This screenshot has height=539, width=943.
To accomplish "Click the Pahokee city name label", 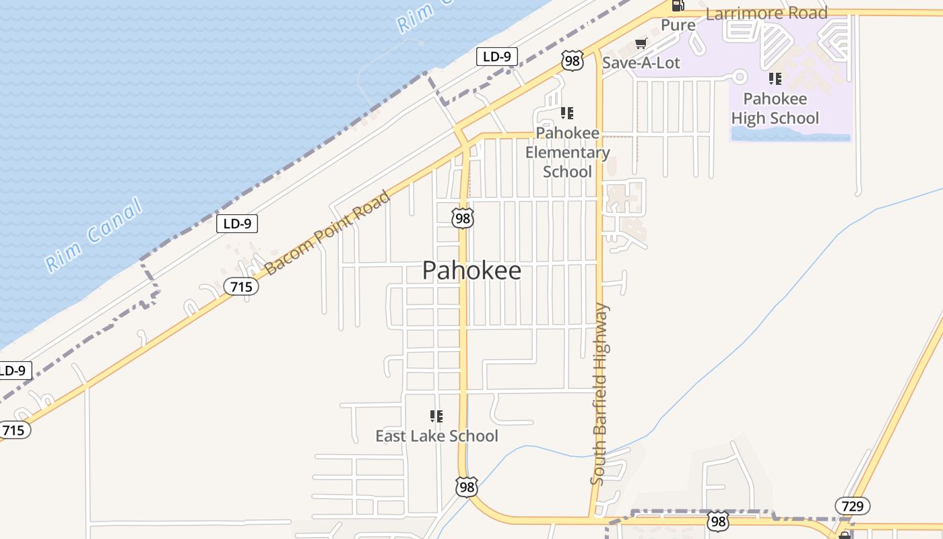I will tap(471, 271).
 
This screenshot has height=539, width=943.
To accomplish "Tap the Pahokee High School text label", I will tap(775, 108).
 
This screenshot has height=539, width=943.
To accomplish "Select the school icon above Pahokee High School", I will tap(775, 79).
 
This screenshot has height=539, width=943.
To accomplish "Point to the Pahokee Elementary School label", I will tap(567, 152).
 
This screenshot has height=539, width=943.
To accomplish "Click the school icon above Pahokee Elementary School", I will tap(567, 113).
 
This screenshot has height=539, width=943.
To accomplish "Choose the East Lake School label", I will tap(436, 436).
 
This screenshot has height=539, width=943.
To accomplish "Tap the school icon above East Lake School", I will tap(436, 416).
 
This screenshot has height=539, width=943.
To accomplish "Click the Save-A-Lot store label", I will tap(641, 63).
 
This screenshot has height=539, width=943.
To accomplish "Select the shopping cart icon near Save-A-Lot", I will tap(641, 44).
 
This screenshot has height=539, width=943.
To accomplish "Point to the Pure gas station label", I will tap(678, 26).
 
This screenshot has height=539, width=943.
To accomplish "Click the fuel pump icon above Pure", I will tap(678, 6).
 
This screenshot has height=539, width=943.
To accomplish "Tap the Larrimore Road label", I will tap(767, 13).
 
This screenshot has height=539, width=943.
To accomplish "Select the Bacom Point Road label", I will tap(327, 233).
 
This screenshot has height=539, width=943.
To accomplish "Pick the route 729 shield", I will tap(852, 506).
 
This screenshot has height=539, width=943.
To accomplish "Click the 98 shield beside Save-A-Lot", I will tap(572, 61).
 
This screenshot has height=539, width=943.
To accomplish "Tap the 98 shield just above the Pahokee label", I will tap(463, 218).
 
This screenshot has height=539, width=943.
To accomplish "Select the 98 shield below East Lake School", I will tap(466, 486).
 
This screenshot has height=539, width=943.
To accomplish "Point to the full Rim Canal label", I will tap(94, 234).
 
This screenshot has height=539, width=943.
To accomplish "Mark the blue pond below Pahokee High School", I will tap(791, 136).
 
